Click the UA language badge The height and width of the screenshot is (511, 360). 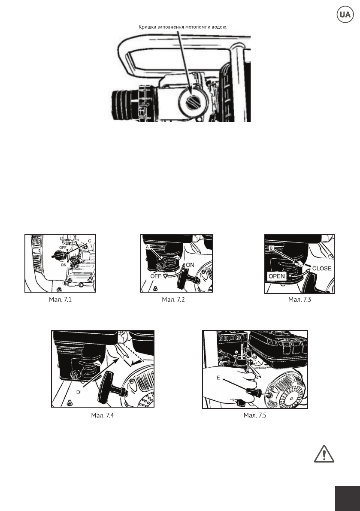(345, 14)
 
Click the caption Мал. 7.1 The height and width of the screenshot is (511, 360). (60, 299)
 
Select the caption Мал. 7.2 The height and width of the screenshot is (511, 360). (173, 299)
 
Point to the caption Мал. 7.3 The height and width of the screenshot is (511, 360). (300, 299)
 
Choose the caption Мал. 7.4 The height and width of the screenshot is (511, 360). (103, 415)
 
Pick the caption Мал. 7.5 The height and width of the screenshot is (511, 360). (255, 415)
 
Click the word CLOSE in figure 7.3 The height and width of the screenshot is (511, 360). (322, 269)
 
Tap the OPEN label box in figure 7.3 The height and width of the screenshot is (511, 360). (277, 276)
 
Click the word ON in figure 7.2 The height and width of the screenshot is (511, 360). (190, 265)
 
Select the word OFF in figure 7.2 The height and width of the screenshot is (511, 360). (156, 276)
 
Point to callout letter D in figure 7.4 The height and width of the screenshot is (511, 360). (78, 393)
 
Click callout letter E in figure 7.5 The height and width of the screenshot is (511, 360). (218, 378)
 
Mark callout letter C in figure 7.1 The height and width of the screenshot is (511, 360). (90, 241)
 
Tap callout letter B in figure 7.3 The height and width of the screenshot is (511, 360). (271, 248)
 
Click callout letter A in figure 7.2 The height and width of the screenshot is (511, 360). (147, 247)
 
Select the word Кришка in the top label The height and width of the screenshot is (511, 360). (147, 27)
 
